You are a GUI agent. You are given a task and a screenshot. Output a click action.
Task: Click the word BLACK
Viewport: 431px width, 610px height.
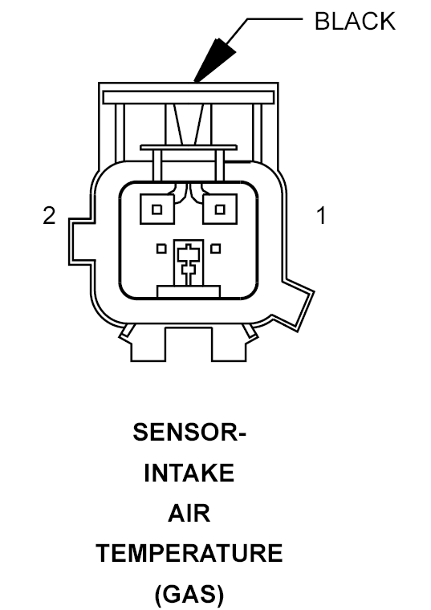tap(355, 21)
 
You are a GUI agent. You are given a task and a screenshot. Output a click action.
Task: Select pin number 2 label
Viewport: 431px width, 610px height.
tap(49, 216)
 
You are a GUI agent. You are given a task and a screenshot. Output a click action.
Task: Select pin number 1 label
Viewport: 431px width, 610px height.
tap(321, 216)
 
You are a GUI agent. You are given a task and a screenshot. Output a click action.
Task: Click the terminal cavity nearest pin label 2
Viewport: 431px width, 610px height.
tap(157, 209)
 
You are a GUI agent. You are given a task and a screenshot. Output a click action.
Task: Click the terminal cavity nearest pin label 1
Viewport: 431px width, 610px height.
tap(220, 209)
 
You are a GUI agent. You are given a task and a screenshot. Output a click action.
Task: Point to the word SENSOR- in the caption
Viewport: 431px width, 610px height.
tap(189, 432)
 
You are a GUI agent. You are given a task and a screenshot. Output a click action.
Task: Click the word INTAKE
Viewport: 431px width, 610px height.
tap(189, 473)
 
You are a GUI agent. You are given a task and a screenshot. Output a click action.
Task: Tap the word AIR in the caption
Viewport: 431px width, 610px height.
tap(189, 513)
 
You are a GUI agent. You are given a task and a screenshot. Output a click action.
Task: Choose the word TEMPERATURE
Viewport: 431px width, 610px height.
tap(189, 554)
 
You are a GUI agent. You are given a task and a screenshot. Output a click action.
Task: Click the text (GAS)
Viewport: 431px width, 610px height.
tap(189, 595)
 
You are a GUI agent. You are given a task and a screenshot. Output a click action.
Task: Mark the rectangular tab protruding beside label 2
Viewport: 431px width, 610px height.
tap(81, 242)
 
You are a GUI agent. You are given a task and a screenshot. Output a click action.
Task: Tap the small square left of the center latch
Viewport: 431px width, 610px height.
tap(161, 249)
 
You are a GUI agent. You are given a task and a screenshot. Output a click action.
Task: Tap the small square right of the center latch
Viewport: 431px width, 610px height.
tap(215, 249)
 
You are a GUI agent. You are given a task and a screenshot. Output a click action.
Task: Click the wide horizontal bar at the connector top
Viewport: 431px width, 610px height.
tap(189, 97)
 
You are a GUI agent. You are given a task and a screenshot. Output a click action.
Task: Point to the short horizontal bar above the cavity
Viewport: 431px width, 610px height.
tap(189, 148)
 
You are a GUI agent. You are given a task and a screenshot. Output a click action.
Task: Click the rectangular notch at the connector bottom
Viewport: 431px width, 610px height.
tap(189, 344)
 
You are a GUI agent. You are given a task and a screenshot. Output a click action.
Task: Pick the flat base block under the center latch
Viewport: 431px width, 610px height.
tap(189, 292)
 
